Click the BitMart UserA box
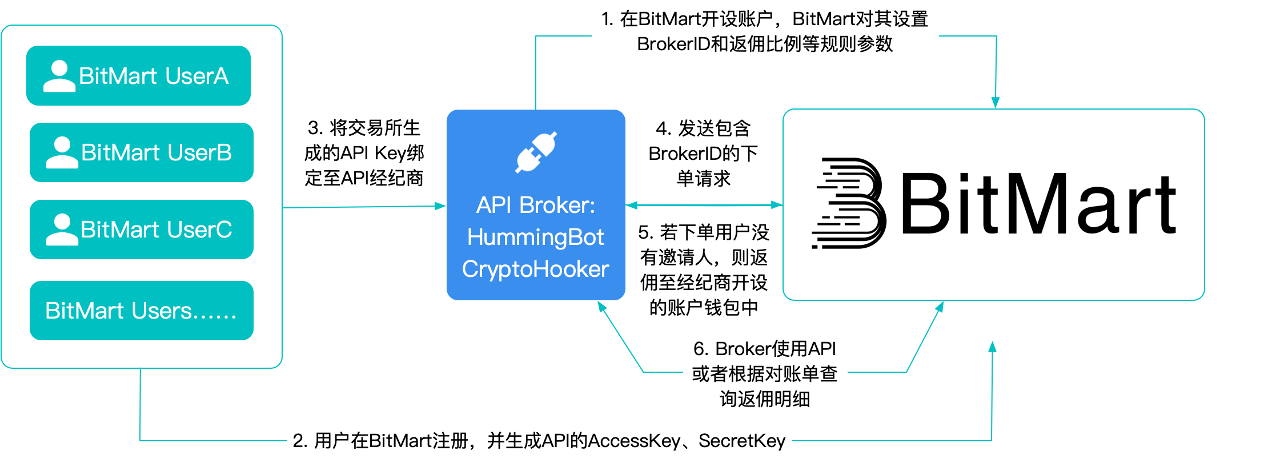(138, 76)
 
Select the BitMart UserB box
(141, 152)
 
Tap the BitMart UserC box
(141, 230)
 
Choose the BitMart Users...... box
(141, 311)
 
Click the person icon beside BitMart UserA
(59, 76)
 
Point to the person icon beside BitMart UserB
(62, 153)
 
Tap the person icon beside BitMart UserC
(62, 230)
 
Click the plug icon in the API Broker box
(536, 152)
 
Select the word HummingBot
(535, 237)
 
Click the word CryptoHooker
(535, 269)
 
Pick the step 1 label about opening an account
(765, 31)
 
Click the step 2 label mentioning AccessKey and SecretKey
(539, 441)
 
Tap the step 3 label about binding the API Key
(364, 152)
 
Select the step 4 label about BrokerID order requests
(704, 153)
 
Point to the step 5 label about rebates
(704, 269)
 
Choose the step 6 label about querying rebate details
(765, 374)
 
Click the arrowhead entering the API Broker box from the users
(440, 206)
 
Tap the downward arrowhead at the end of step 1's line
(996, 103)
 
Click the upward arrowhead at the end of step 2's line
(992, 347)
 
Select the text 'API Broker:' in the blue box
(535, 205)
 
